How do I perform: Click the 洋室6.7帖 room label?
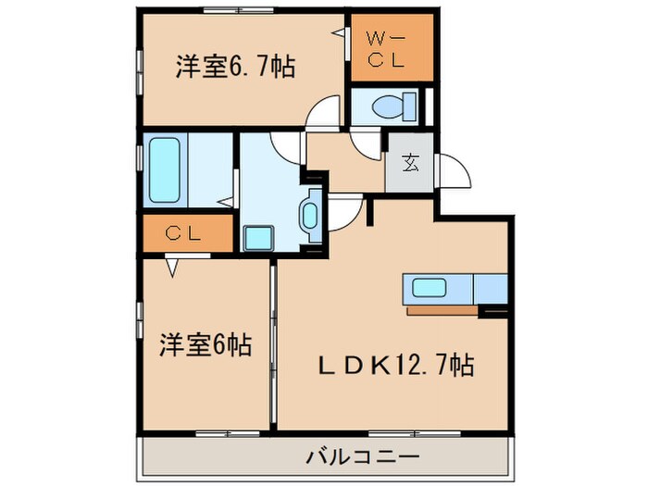click(235, 67)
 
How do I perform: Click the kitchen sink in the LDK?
click(430, 288)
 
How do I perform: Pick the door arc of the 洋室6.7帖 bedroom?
click(323, 111)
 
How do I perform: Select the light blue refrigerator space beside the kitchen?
click(490, 288)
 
